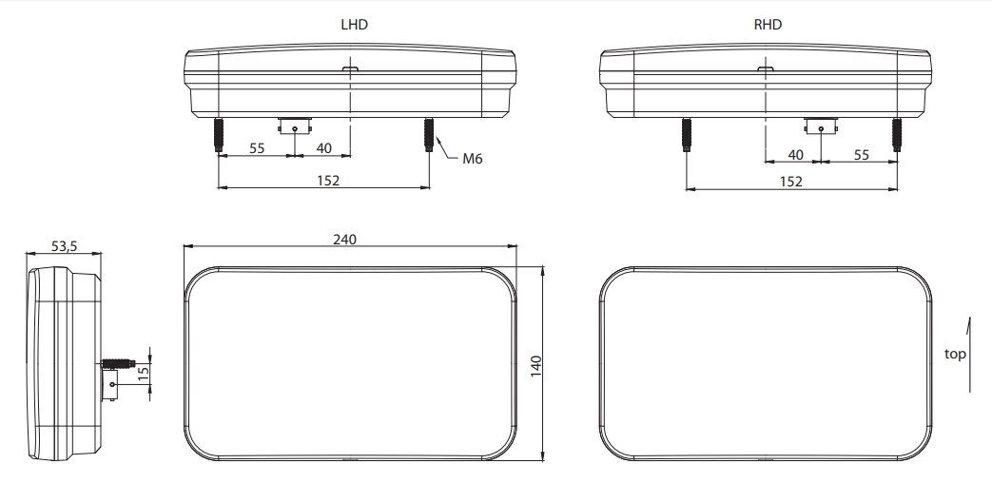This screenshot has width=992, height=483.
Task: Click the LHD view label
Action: coord(354,25)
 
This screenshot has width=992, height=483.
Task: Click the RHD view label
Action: coord(768,25)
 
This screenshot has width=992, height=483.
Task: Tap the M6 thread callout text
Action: coord(472,159)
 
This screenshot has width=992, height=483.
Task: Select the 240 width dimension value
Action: coord(345,240)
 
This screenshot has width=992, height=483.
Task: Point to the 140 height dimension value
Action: coord(535,366)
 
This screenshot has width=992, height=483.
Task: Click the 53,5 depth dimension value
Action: coord(64,246)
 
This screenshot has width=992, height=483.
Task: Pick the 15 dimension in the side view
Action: coord(144,374)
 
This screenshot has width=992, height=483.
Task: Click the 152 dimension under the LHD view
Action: coord(328,181)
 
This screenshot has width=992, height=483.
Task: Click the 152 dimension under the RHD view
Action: coord(790,182)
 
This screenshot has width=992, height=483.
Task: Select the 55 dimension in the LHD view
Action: coord(257,148)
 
